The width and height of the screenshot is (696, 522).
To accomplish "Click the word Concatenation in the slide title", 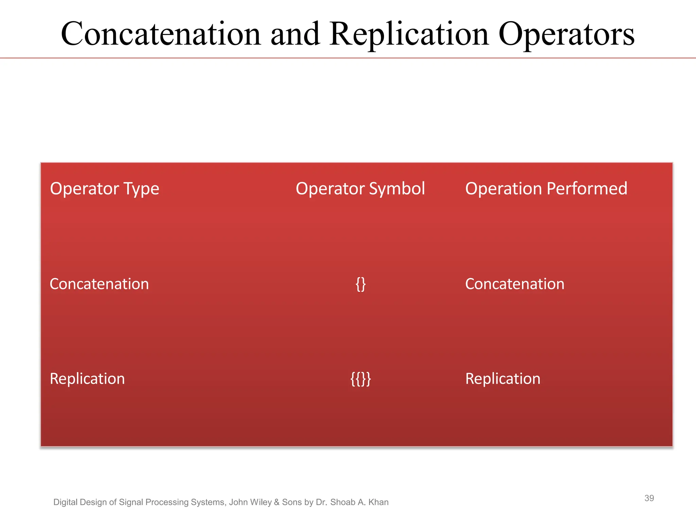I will [161, 34].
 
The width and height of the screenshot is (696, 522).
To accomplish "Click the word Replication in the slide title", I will [409, 34].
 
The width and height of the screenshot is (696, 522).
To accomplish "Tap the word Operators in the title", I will [566, 34].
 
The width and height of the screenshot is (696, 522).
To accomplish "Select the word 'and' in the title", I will [295, 34].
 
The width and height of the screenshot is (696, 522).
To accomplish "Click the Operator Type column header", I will [104, 189].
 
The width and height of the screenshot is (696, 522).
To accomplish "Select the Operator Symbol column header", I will [360, 189].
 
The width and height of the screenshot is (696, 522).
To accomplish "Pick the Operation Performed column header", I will [546, 189].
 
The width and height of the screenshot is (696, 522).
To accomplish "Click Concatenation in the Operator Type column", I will [99, 284].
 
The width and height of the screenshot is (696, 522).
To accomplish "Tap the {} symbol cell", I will [361, 284].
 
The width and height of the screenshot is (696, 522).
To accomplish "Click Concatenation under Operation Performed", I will [515, 284].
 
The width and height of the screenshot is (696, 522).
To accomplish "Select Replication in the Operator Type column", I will [87, 379].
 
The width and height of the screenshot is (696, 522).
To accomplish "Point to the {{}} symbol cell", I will [361, 379].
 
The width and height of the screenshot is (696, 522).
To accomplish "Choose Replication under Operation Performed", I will [503, 379].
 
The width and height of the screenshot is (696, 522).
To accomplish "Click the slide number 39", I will [649, 498].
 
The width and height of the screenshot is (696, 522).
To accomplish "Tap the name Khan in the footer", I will [378, 502].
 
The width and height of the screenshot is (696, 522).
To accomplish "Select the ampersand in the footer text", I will [277, 502].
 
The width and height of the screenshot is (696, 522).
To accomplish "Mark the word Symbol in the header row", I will [397, 189].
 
